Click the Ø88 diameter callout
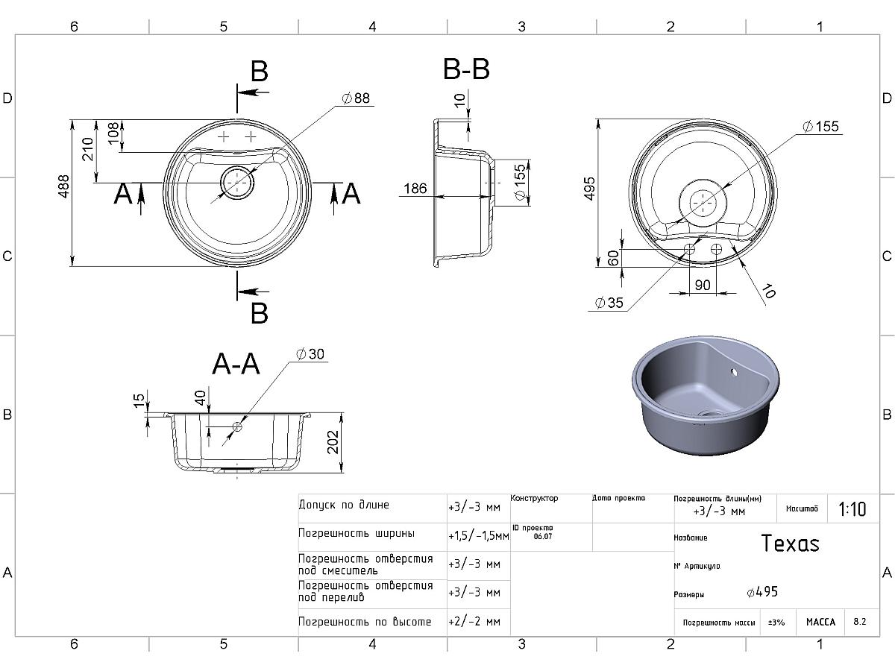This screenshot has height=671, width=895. pyautogui.click(x=356, y=98)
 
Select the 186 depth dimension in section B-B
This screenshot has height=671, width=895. pyautogui.click(x=415, y=189)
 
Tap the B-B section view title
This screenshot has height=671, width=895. pyautogui.click(x=466, y=70)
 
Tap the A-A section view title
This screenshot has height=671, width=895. pyautogui.click(x=236, y=365)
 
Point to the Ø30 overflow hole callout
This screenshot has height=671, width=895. pyautogui.click(x=310, y=354)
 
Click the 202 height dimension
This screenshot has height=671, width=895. pyautogui.click(x=333, y=442)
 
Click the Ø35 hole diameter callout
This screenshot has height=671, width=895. pyautogui.click(x=609, y=303)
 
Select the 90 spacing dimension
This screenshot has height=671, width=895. pyautogui.click(x=703, y=285)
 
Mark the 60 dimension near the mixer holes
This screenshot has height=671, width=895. pyautogui.click(x=614, y=258)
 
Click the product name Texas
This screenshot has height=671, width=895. pyautogui.click(x=790, y=544)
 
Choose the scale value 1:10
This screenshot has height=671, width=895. pyautogui.click(x=852, y=509)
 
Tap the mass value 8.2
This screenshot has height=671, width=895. pyautogui.click(x=860, y=622)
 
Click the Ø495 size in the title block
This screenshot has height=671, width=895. pyautogui.click(x=762, y=592)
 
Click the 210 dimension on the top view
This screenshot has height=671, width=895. pyautogui.click(x=87, y=149)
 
